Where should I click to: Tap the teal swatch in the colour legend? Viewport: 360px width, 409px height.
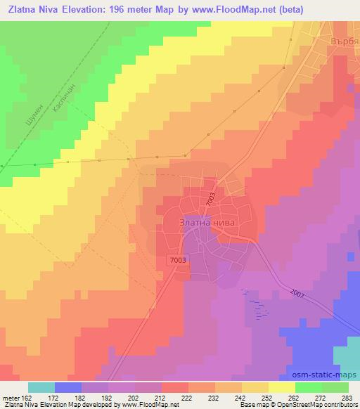click(41, 387)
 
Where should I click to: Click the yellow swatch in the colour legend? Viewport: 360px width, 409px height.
click(282, 387)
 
